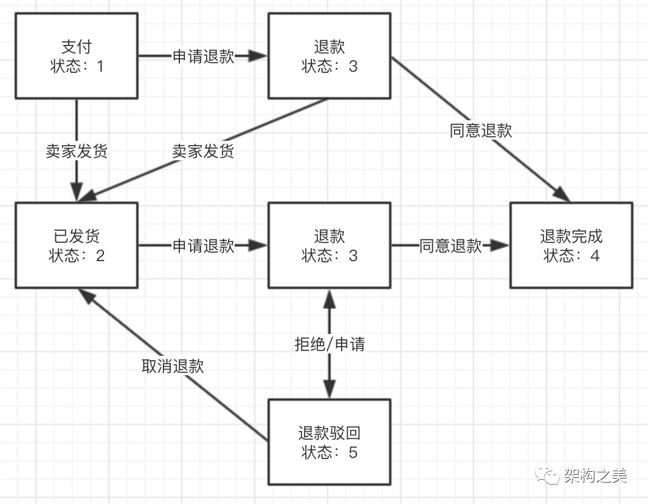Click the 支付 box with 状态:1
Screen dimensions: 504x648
(77, 56)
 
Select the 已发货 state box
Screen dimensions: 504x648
(77, 245)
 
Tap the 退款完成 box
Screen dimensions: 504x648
(571, 245)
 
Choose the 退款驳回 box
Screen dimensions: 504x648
(329, 442)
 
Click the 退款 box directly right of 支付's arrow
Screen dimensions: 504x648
(329, 56)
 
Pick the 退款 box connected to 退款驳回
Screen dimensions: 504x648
(329, 245)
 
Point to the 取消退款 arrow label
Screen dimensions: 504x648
(173, 366)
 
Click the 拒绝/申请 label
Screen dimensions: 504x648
(329, 344)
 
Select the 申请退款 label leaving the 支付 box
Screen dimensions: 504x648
(204, 56)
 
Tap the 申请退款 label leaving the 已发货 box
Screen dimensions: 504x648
(204, 246)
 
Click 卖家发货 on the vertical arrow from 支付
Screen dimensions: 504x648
(77, 151)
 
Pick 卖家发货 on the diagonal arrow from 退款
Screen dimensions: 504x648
(203, 151)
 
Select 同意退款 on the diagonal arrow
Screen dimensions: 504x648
(481, 131)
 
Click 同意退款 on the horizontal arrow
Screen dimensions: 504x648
(450, 246)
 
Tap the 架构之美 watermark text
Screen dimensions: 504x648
(595, 475)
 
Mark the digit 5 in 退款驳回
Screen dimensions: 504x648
(353, 452)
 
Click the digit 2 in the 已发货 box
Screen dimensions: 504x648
(100, 256)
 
